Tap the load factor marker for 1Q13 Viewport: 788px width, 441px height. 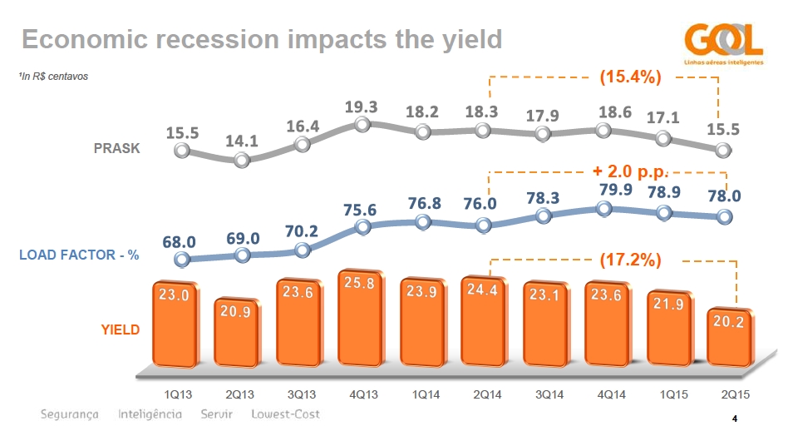pos(182,259)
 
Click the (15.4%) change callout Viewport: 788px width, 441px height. pos(630,77)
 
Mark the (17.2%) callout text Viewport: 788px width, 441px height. pos(630,260)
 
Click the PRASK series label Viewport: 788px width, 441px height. pos(116,149)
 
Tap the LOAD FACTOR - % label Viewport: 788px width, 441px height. pos(79,255)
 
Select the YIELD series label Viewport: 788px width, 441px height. pos(121,330)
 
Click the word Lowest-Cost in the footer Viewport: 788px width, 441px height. pos(285,414)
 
